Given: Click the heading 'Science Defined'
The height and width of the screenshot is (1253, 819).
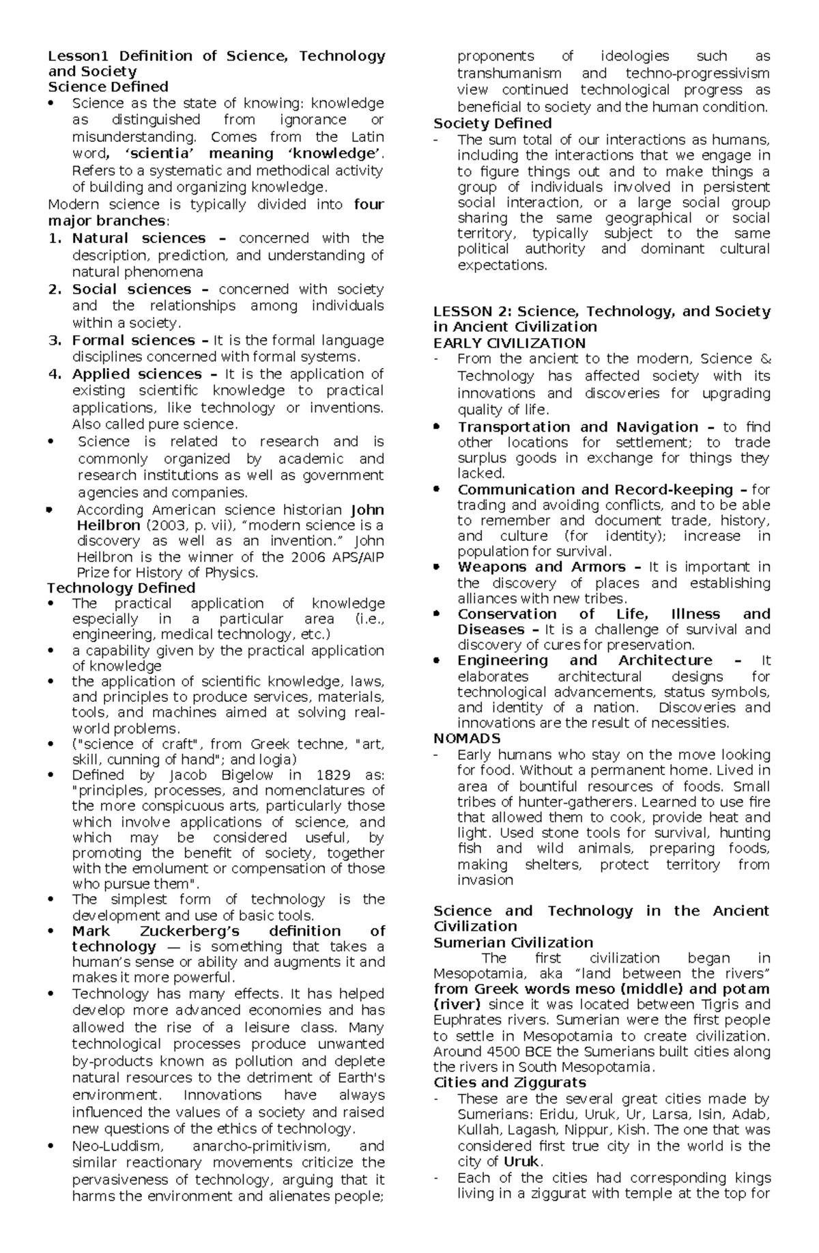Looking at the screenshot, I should pos(108,87).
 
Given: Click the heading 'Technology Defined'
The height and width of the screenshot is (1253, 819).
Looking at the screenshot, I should pos(121,588).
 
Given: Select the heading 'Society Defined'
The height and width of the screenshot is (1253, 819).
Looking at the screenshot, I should pos(493,124).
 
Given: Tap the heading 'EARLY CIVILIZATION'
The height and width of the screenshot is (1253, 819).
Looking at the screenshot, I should pos(509,343).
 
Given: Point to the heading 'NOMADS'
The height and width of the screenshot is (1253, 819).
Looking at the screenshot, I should pos(467,738).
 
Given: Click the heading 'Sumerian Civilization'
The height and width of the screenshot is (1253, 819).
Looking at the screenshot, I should pos(513,942).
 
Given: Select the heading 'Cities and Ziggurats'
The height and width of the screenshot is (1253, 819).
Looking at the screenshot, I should pos(510,1082).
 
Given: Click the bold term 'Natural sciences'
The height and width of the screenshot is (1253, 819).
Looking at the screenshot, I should pos(139,238).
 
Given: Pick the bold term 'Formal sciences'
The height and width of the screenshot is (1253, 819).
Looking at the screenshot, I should pos(133,340).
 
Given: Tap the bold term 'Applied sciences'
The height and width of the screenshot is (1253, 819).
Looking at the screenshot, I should pos(136,374).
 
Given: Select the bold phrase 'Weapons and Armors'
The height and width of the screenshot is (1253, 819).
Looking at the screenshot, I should pos(541,567).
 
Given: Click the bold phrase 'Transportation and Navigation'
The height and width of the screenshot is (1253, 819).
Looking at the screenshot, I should pos(578,427).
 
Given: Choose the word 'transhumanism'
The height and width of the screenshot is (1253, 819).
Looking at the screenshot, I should pos(509,73).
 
